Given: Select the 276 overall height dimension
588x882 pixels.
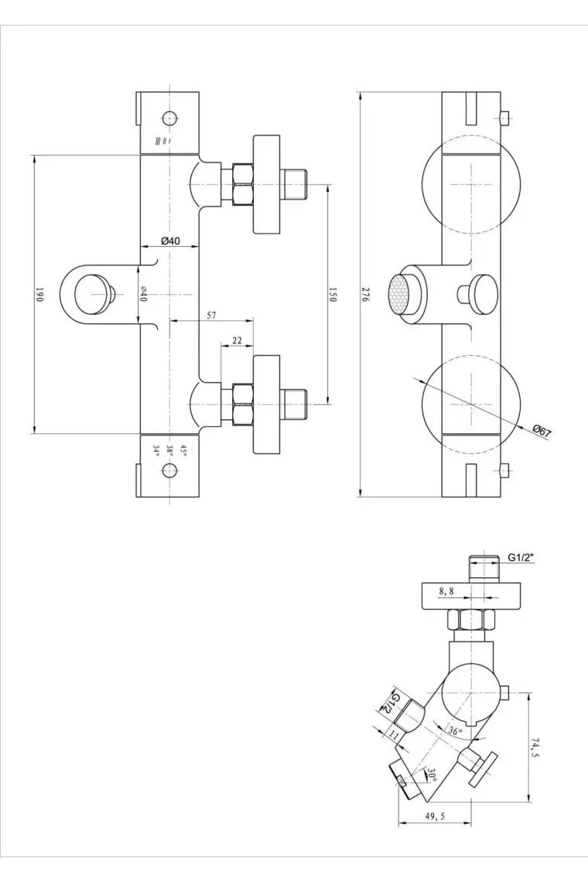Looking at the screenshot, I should click(x=365, y=295).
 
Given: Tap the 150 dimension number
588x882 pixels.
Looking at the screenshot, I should click(x=333, y=294).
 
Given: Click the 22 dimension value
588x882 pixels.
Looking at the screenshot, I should click(x=237, y=340).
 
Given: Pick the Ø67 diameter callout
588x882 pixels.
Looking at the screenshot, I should click(x=542, y=432).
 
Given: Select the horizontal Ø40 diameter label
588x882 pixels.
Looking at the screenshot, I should click(x=170, y=241).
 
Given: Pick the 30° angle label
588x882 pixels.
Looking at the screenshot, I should click(x=432, y=774).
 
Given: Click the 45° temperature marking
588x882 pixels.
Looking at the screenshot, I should click(x=183, y=448).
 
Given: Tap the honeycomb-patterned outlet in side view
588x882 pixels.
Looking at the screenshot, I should click(x=399, y=292).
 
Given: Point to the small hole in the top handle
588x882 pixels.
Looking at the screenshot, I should click(x=169, y=118).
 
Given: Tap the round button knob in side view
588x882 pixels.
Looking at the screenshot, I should click(x=484, y=292).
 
